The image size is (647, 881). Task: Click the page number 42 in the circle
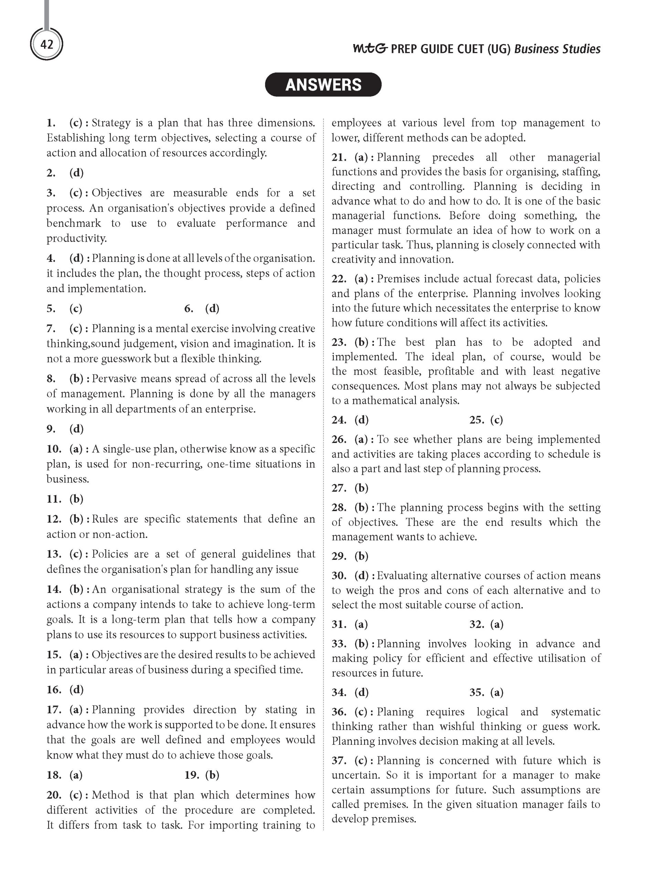pyautogui.click(x=46, y=45)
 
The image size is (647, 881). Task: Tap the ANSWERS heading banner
pyautogui.click(x=323, y=85)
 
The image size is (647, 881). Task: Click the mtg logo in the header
pyautogui.click(x=370, y=49)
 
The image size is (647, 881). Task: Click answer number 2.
pyautogui.click(x=51, y=173)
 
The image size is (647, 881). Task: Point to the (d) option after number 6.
pyautogui.click(x=212, y=309)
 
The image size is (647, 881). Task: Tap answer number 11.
pyautogui.click(x=54, y=499)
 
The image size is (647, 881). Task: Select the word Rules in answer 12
pyautogui.click(x=105, y=519)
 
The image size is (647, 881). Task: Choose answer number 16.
pyautogui.click(x=54, y=690)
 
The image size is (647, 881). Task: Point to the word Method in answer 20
pyautogui.click(x=111, y=795)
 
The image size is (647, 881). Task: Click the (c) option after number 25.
pyautogui.click(x=496, y=420)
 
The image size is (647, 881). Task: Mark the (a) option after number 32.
pyautogui.click(x=497, y=624)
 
